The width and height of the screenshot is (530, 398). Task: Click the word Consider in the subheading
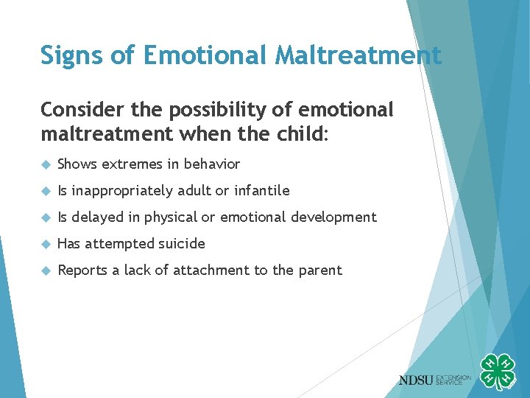pyautogui.click(x=77, y=110)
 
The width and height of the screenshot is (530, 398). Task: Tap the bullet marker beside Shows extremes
pyautogui.click(x=46, y=164)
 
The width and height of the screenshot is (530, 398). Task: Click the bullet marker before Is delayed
pyautogui.click(x=46, y=217)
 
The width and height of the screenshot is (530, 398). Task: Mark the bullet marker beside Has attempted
pyautogui.click(x=46, y=244)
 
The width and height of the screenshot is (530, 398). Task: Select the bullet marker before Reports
pyautogui.click(x=46, y=270)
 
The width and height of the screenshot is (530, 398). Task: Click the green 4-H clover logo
pyautogui.click(x=498, y=371)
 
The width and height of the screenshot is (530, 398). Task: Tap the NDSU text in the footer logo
pyautogui.click(x=417, y=380)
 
